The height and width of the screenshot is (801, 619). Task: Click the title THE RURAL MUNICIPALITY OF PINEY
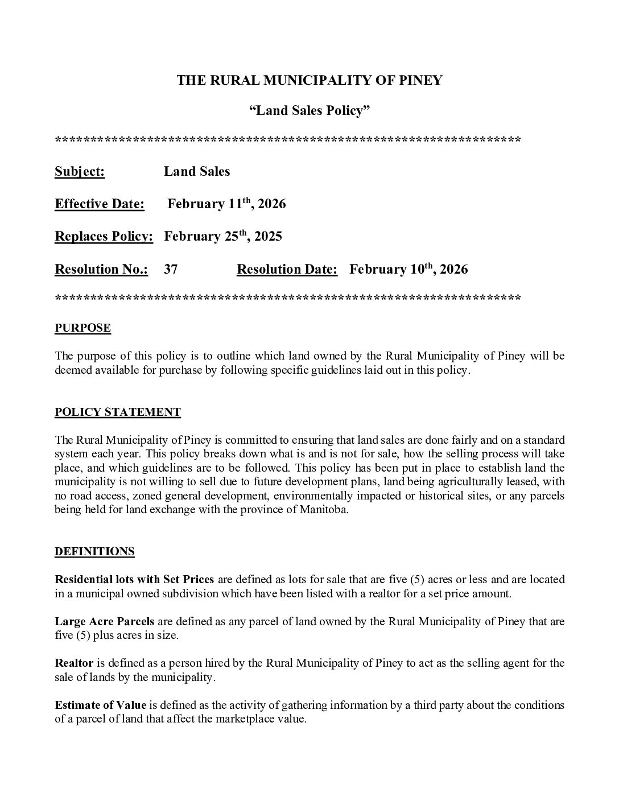pos(309,80)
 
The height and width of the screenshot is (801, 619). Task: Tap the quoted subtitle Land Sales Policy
pos(309,110)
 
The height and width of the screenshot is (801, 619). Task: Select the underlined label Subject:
pos(80,172)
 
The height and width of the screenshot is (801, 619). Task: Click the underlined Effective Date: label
pos(100,204)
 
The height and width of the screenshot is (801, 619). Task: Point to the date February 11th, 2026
pos(226,204)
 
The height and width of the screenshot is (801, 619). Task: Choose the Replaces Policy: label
pos(104,237)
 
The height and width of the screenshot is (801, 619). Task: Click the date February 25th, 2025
pos(223,236)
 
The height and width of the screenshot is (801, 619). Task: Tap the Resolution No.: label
pos(101,270)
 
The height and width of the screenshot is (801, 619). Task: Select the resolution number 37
pos(171,270)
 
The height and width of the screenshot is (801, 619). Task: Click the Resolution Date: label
pos(287,270)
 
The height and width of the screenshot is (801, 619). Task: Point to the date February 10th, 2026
pos(408,269)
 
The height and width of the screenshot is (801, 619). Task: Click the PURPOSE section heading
pos(82,328)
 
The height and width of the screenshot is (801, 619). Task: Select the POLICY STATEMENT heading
pos(118,412)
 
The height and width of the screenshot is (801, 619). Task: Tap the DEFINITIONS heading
pos(94,552)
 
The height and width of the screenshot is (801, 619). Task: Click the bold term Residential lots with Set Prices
pos(134,580)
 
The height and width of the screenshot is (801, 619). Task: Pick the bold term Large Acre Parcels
pos(105,621)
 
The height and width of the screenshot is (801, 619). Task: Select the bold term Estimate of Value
pos(101,705)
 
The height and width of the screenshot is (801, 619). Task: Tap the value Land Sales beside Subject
pos(197,172)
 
